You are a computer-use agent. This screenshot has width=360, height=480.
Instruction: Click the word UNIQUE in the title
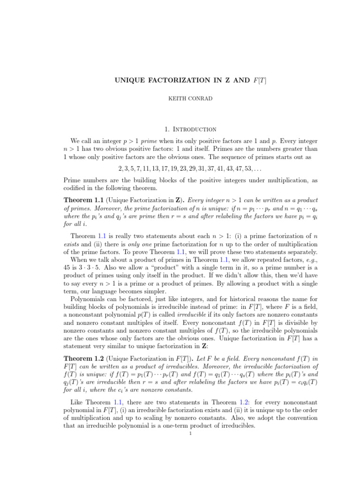click(x=131, y=81)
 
